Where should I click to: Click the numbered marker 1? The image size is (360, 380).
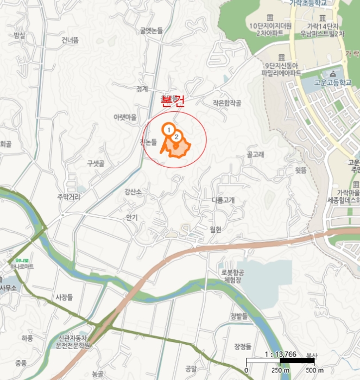point(169,130)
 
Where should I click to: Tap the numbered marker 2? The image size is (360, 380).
point(176,137)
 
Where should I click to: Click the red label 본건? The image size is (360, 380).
point(173,100)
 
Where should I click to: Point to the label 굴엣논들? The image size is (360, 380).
point(151,31)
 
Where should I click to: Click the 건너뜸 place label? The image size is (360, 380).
point(70,40)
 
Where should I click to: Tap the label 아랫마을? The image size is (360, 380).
point(125,117)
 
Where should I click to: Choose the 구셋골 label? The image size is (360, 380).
point(96,163)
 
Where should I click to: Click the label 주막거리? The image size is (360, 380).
point(68,197)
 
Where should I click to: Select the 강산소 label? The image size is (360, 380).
point(133,192)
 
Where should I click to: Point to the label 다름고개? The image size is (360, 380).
point(223,200)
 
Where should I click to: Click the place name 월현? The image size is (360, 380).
point(215,230)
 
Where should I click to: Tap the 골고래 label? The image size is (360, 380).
point(255,155)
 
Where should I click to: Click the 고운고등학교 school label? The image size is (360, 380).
point(333,83)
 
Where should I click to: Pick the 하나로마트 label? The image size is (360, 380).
point(21,267)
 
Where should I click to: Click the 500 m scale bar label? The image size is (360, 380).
point(311,370)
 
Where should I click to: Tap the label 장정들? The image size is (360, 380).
point(243,346)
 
